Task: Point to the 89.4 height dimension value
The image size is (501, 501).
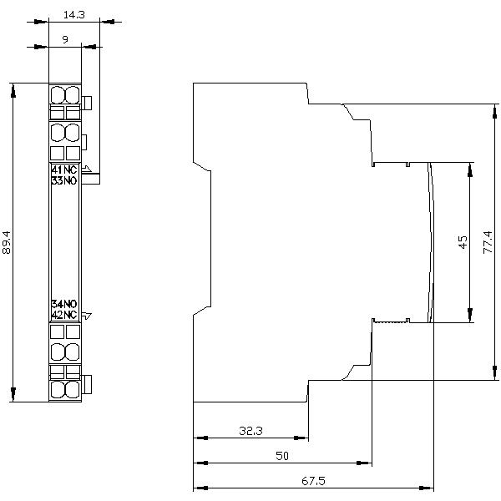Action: coord(8,242)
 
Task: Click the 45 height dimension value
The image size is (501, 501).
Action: coord(462,242)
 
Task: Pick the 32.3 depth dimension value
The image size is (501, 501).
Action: coord(250,431)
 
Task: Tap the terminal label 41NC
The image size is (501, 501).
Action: coord(63,170)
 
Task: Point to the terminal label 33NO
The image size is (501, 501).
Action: coord(63,180)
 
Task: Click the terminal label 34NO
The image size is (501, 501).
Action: coord(63,304)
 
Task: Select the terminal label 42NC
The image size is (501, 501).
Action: coord(63,315)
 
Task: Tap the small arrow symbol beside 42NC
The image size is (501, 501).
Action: coord(86,315)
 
